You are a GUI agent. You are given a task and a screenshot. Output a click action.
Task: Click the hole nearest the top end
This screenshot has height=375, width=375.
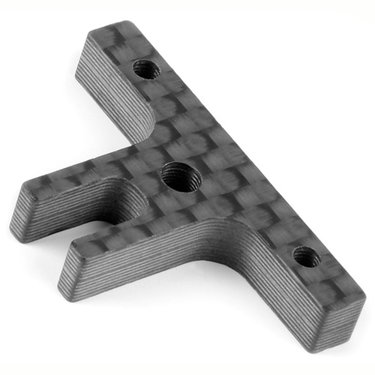(x=146, y=70)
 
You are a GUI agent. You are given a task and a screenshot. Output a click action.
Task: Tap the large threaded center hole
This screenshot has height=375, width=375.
(x=178, y=177)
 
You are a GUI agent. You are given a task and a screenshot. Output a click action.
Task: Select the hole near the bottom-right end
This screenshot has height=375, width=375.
(x=305, y=257)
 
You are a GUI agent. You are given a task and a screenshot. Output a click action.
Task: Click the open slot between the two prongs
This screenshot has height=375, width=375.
(x=82, y=229)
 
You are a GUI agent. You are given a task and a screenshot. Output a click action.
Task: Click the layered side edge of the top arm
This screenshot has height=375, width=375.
(x=112, y=94)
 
